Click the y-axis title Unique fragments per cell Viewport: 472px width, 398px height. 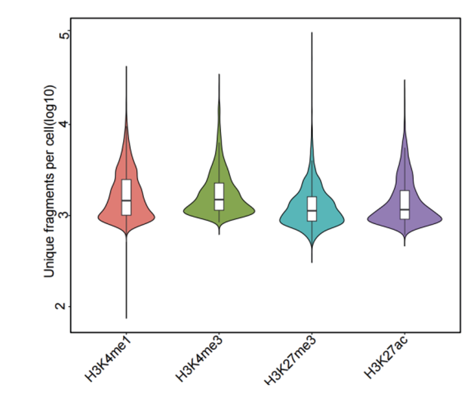(x=50, y=181)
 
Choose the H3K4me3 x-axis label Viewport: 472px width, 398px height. (x=200, y=358)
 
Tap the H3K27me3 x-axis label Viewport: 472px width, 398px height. (x=290, y=360)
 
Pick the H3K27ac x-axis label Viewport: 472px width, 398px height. (x=386, y=356)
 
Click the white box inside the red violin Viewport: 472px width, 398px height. (x=126, y=197)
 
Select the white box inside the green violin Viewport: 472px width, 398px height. (x=219, y=196)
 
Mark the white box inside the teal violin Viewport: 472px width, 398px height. (x=312, y=208)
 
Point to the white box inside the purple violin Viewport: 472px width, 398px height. (x=405, y=205)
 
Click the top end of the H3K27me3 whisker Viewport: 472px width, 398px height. (x=312, y=33)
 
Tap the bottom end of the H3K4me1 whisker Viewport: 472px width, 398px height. (x=126, y=318)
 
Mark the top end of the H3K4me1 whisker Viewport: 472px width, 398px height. (x=126, y=66)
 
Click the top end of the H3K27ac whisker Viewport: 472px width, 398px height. (x=405, y=80)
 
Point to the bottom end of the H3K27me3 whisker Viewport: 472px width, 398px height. (x=312, y=262)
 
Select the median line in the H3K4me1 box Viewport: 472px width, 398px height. (x=126, y=201)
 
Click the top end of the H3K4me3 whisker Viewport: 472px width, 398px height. (x=219, y=74)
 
